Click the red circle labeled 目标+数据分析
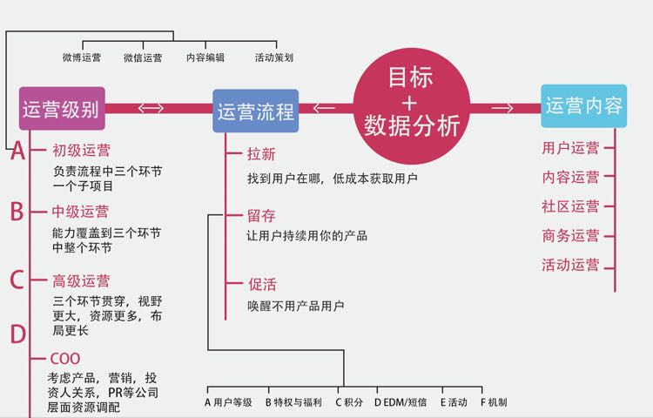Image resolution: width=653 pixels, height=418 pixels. click(x=411, y=103)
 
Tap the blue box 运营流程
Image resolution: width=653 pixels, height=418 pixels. click(x=255, y=111)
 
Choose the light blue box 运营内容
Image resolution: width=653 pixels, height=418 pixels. click(x=583, y=106)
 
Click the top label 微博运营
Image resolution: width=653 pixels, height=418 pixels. click(x=82, y=57)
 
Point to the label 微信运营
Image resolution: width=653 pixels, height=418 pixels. click(x=143, y=57)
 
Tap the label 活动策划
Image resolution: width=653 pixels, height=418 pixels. click(x=273, y=57)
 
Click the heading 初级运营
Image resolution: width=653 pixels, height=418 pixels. click(x=81, y=151)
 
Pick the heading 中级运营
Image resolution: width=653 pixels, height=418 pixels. click(x=81, y=211)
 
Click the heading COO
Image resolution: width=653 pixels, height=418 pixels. click(x=65, y=358)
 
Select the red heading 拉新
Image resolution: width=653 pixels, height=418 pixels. click(x=261, y=154)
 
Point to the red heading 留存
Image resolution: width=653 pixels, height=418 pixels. click(x=261, y=215)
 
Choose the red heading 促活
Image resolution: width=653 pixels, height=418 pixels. click(x=261, y=285)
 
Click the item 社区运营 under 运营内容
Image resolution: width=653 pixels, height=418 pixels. click(x=570, y=206)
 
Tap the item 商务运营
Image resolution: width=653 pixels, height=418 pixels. click(x=570, y=235)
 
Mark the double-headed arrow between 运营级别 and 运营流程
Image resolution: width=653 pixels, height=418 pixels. click(x=151, y=108)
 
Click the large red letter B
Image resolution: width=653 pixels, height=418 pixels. click(x=17, y=211)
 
